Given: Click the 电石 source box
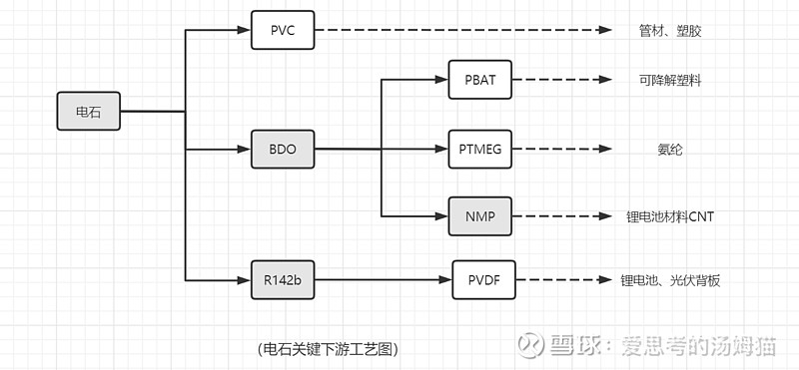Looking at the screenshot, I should [x=89, y=112].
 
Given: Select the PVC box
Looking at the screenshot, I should [x=282, y=30].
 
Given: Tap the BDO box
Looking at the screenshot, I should [x=282, y=150].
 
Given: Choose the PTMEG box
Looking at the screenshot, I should [x=480, y=149].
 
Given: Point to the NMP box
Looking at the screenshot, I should [x=480, y=215].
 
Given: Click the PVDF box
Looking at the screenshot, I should [x=483, y=280].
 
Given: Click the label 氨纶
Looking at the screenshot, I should [x=670, y=150].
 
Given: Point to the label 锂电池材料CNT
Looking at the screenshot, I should [x=670, y=216].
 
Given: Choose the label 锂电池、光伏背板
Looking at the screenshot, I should [x=670, y=281].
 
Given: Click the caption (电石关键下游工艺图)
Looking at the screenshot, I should [x=328, y=349].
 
